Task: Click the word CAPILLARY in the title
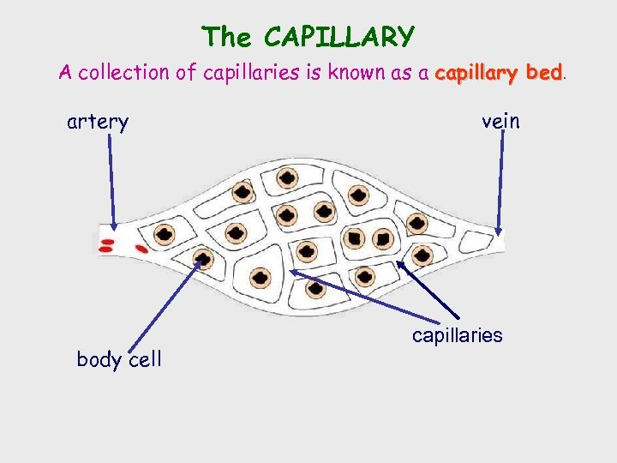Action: click(x=339, y=37)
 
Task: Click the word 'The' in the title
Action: click(x=227, y=37)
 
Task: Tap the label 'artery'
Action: click(x=98, y=123)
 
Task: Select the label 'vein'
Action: click(x=500, y=122)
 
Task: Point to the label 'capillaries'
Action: click(x=457, y=335)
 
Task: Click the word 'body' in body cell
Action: click(x=99, y=359)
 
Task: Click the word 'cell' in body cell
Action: click(x=145, y=359)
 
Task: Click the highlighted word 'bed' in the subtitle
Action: click(x=544, y=73)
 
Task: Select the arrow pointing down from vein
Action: click(x=501, y=184)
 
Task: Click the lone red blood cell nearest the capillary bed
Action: click(x=140, y=249)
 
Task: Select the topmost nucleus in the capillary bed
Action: click(x=287, y=179)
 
